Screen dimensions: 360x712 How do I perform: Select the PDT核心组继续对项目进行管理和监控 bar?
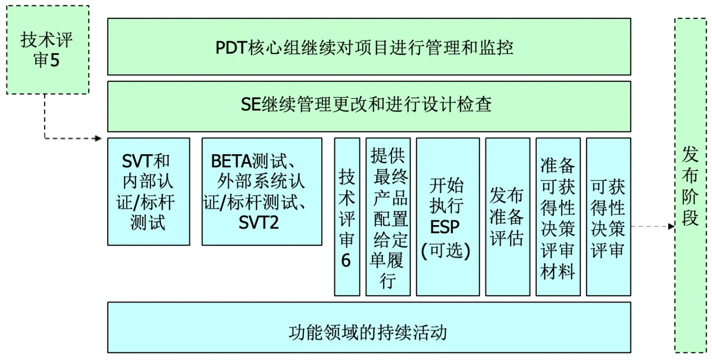(x=369, y=47)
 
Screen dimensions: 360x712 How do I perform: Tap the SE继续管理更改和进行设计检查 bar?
(x=369, y=106)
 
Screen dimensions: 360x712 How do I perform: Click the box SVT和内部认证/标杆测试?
(x=149, y=191)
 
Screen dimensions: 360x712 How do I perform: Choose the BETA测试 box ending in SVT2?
(x=262, y=191)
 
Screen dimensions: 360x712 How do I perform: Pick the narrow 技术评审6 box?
(x=347, y=217)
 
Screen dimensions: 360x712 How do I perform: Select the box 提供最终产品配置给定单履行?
(x=388, y=217)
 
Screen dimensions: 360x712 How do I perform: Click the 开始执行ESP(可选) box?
(x=447, y=217)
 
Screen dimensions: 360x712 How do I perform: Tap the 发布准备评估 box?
(x=507, y=217)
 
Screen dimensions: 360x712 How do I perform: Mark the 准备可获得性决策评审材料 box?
(x=558, y=217)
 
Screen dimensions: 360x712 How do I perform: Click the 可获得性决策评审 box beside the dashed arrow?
(x=608, y=217)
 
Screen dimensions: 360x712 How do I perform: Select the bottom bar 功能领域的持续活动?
(x=369, y=327)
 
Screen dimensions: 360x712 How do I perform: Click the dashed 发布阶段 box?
(x=690, y=185)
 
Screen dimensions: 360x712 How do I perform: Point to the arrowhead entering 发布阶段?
(x=671, y=227)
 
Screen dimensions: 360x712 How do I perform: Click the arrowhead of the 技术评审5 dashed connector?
(x=99, y=138)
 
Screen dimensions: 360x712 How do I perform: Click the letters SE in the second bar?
(x=251, y=104)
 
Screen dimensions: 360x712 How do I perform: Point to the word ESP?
(x=445, y=227)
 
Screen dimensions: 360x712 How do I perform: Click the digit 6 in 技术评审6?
(x=346, y=261)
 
